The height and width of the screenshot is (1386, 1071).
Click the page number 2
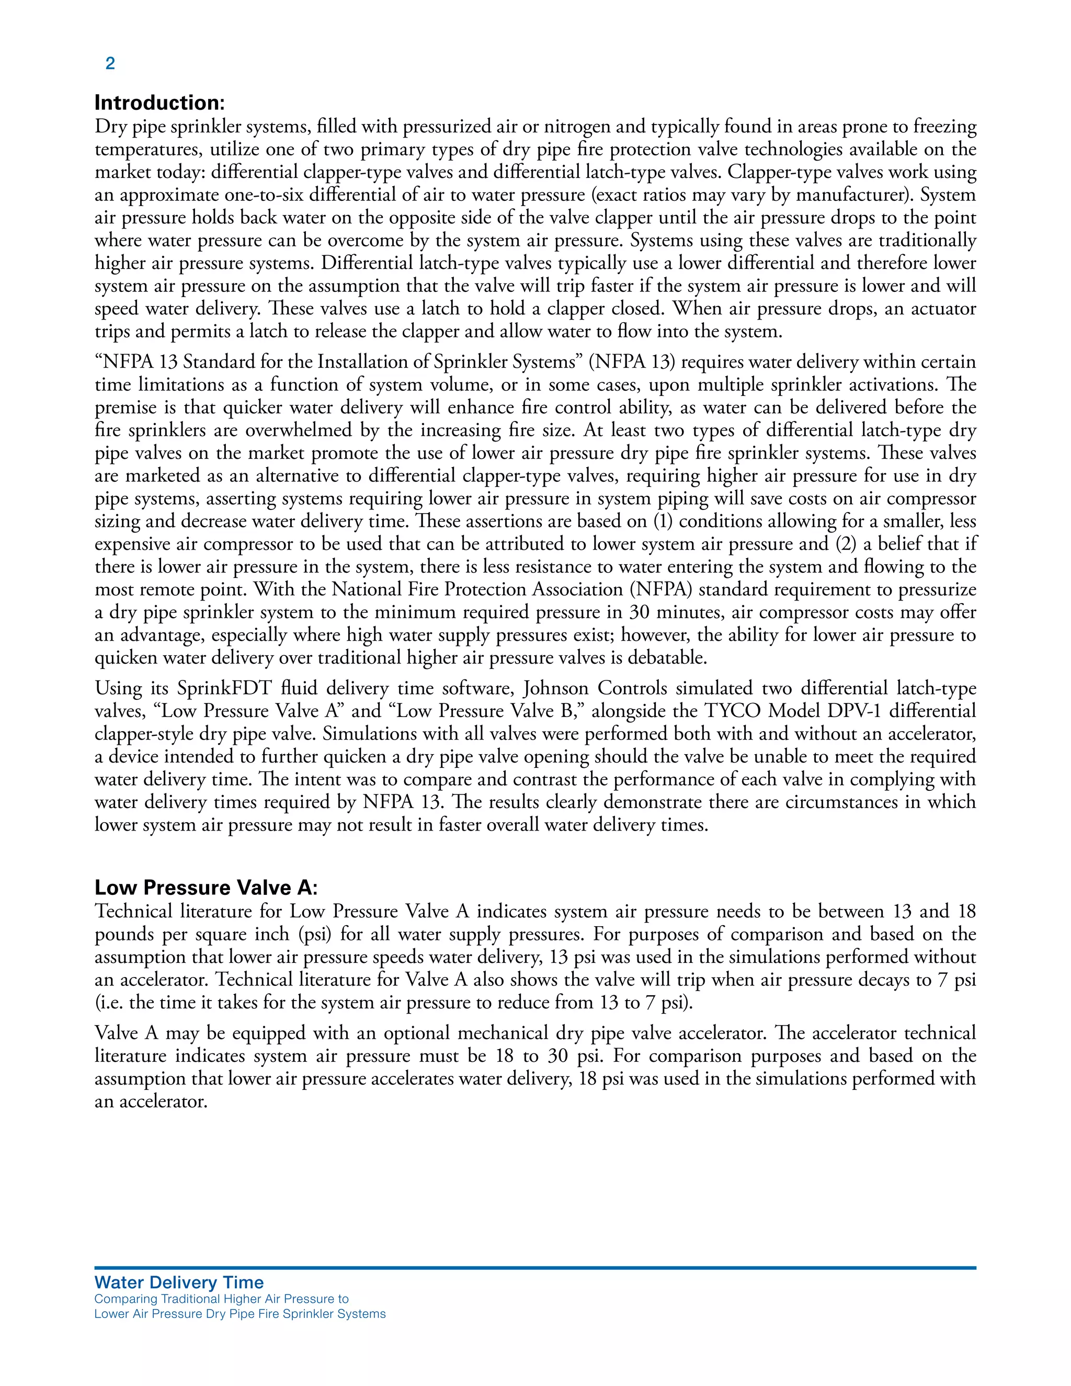(110, 63)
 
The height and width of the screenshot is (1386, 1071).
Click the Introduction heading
(159, 103)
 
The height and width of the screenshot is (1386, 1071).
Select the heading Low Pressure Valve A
(206, 887)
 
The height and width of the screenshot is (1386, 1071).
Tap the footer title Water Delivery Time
(179, 1282)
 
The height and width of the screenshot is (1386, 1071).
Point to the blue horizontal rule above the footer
(535, 1267)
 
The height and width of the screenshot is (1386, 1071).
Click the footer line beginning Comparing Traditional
(221, 1299)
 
